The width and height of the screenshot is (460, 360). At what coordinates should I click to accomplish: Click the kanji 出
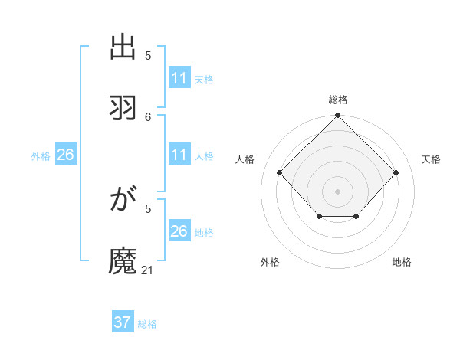coord(123,48)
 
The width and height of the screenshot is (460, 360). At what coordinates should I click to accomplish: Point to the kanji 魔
coord(123,260)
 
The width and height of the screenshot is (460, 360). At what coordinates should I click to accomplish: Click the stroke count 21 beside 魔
coord(148,270)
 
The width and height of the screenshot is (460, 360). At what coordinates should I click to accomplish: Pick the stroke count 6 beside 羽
coord(148,116)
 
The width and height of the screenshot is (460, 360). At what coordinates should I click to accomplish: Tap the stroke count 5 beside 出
coord(148,55)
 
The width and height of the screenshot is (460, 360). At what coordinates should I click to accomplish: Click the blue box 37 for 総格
coord(123,322)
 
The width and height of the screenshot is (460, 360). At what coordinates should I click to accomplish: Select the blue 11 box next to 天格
coord(179,78)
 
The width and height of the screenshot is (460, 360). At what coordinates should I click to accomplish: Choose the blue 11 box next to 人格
coord(179,155)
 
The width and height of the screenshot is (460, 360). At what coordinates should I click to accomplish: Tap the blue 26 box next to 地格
coord(179,231)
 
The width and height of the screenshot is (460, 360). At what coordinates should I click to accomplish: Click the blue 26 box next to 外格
coord(65,155)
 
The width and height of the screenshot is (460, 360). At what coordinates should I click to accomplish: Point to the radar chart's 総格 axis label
coord(337,100)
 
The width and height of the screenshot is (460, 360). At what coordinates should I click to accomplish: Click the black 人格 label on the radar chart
coord(245,159)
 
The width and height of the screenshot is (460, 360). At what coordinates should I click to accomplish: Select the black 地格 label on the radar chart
coord(402,262)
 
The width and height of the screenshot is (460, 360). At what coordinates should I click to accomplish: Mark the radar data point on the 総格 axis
coord(337,116)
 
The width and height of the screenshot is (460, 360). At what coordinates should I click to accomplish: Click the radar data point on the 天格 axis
coord(396,172)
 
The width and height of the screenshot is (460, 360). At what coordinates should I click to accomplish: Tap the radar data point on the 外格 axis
coord(319,218)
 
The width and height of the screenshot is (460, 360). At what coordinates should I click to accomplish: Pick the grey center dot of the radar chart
coord(337,191)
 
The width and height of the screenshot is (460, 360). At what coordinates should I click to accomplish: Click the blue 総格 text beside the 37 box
coord(147,324)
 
